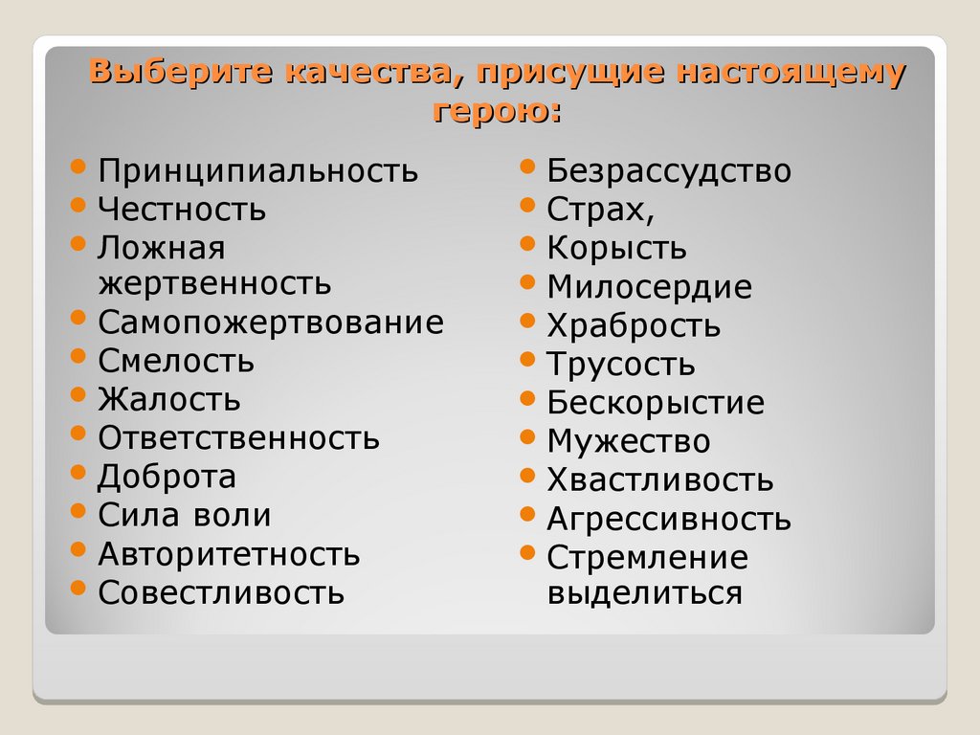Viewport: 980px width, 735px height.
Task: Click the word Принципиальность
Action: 257,171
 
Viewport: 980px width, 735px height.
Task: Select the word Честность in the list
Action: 182,210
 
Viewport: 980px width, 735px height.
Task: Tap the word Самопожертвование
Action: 271,323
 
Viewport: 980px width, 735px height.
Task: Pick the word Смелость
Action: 176,361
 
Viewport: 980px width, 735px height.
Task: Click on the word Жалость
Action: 169,399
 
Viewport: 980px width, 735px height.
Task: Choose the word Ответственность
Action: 238,438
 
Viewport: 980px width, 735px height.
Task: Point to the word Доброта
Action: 167,477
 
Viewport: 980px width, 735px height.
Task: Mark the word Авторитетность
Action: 229,554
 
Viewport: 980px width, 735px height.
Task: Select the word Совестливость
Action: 221,592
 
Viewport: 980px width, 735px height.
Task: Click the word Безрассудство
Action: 669,171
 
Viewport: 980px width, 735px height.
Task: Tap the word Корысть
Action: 616,248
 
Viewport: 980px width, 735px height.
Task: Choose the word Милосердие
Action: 649,287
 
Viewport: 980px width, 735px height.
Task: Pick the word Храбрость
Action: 634,325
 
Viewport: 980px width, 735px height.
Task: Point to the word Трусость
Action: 621,365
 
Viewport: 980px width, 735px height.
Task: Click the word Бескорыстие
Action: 656,403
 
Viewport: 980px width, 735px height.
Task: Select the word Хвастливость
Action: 660,479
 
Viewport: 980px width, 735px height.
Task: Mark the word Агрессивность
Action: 669,519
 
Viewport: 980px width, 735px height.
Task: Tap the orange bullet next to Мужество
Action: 527,436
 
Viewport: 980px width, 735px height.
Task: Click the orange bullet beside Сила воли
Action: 78,510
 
